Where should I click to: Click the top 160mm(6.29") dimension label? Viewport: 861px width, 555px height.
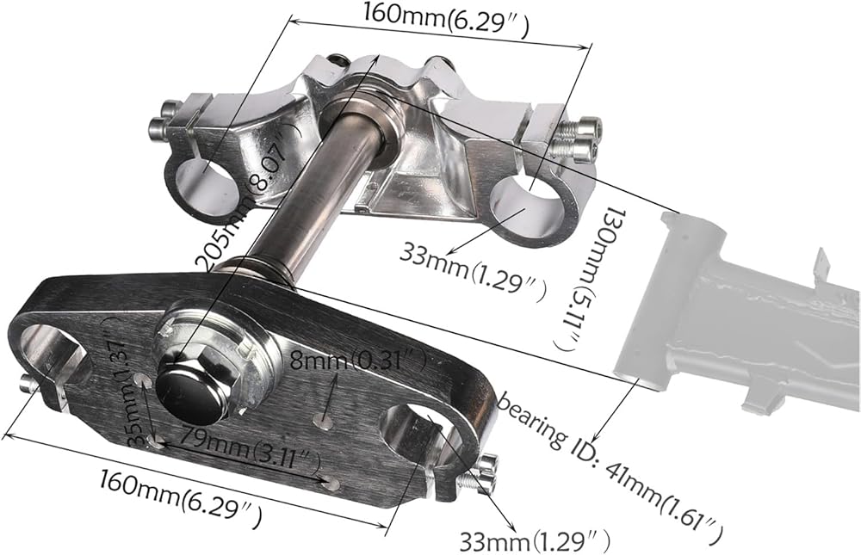(445, 19)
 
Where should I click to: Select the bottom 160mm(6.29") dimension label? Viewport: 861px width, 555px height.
(180, 496)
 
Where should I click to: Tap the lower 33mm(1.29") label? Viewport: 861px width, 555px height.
(534, 540)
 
